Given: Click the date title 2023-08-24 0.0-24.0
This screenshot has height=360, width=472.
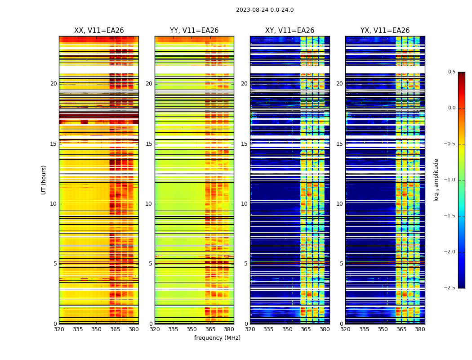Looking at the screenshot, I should (265, 10).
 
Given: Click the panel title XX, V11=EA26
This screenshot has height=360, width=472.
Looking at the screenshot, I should (99, 31).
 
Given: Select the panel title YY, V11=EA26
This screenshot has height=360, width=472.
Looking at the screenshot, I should (194, 31).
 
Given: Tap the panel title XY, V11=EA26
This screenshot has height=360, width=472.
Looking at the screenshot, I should (289, 31).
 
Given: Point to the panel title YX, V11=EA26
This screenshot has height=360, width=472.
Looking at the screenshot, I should (385, 31).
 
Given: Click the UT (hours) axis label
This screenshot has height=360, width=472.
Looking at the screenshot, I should (44, 180).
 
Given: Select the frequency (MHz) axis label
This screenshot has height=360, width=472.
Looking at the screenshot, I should (217, 338).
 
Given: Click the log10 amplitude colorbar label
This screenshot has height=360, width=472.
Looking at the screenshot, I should (436, 180).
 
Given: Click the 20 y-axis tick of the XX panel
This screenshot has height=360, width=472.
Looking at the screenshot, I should (53, 84).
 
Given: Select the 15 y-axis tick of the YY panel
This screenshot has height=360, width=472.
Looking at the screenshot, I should (149, 144).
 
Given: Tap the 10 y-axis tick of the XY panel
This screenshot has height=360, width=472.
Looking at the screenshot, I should (245, 204).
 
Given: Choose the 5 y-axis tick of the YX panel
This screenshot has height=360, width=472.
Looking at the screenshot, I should (341, 264).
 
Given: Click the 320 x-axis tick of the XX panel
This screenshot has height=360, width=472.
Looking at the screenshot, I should (59, 329).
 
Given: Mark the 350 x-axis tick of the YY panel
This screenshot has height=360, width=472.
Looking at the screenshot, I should (192, 329).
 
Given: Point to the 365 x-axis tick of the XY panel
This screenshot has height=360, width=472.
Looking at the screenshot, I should (306, 329).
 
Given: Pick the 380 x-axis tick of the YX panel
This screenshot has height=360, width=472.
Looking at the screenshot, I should (420, 329).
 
